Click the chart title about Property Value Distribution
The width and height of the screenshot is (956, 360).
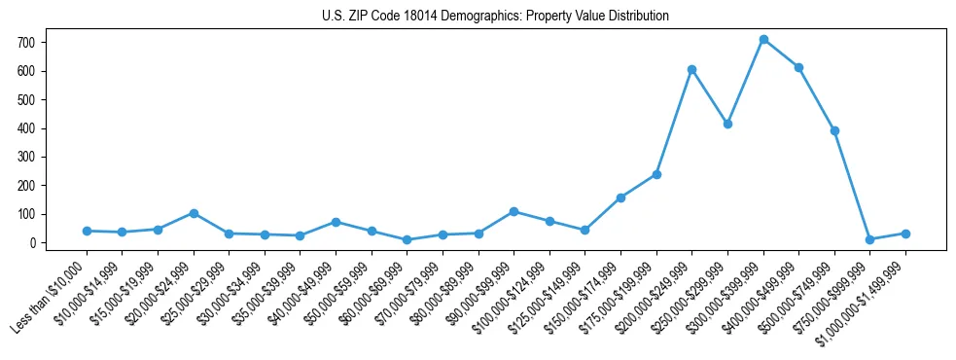click(x=495, y=16)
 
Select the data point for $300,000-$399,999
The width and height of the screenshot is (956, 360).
click(x=763, y=39)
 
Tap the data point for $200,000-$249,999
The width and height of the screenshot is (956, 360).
click(x=691, y=69)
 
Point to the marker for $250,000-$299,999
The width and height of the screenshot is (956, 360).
click(x=727, y=124)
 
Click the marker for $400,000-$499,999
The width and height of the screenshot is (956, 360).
click(x=798, y=67)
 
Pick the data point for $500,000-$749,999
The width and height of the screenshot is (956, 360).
click(x=834, y=130)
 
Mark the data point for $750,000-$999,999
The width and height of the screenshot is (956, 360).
click(x=870, y=239)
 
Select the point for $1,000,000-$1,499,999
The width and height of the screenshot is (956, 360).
click(x=905, y=234)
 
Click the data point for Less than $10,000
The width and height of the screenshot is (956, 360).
click(x=87, y=231)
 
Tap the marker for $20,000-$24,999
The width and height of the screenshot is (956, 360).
click(x=194, y=213)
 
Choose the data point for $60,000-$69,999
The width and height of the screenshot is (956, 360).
click(x=407, y=239)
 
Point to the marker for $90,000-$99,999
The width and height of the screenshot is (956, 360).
click(x=513, y=211)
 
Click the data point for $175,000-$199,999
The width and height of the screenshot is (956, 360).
click(x=656, y=174)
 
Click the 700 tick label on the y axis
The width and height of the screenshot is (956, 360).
click(x=26, y=43)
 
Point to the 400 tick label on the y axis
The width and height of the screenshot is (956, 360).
click(x=26, y=128)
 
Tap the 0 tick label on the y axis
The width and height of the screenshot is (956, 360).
click(x=32, y=243)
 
